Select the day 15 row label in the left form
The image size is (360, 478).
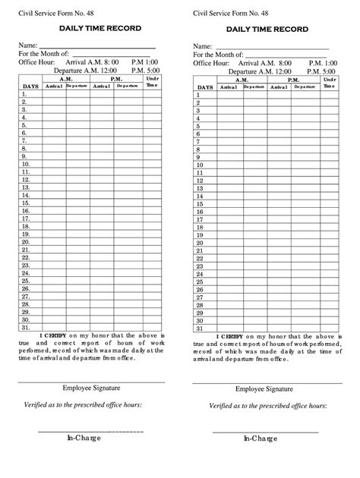25,203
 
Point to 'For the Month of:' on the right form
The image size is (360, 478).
218,55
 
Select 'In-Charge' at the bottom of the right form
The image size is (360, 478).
260,439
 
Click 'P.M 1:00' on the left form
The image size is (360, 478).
144,62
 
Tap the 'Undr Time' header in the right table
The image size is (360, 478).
329,83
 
